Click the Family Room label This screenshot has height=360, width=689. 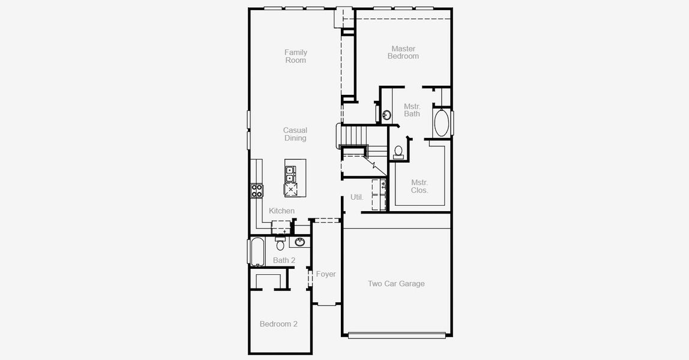[x=295, y=56]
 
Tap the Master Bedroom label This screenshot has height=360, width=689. [x=403, y=52]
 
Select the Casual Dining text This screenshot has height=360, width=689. [x=295, y=134]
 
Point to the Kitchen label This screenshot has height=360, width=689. [x=281, y=211]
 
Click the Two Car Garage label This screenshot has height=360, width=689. [x=396, y=284]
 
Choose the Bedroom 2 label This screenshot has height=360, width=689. [x=278, y=324]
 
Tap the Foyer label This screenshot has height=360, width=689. [x=326, y=274]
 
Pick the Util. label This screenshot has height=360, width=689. [x=357, y=197]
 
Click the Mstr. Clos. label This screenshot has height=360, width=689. [x=420, y=186]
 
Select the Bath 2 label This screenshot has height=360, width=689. [x=284, y=260]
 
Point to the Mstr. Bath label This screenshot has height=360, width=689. [x=412, y=110]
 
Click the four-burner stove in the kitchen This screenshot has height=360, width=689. [x=257, y=191]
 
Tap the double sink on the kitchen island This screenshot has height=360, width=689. [x=290, y=173]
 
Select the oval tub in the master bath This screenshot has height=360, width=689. [x=441, y=122]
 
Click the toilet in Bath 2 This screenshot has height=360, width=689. [x=280, y=244]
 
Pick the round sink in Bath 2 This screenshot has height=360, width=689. [x=299, y=242]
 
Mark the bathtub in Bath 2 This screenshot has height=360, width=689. [x=257, y=252]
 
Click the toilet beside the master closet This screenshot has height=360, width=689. [x=399, y=152]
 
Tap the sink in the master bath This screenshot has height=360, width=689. [x=387, y=114]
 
